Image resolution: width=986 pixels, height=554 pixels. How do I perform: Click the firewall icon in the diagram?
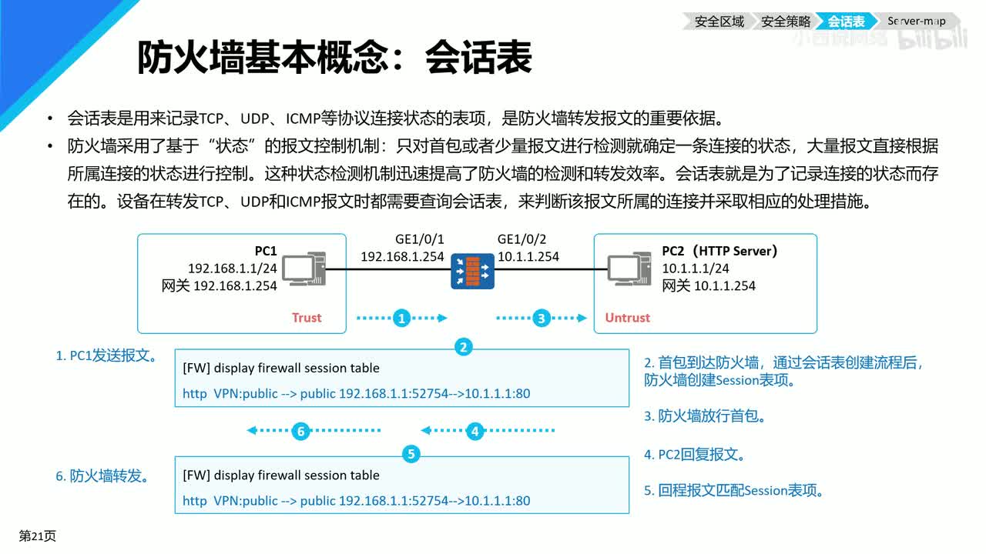tap(472, 272)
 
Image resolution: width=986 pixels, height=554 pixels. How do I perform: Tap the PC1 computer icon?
tap(303, 269)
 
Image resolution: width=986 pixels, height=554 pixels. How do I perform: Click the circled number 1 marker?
tap(401, 318)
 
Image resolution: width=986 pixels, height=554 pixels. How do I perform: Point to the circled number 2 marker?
tap(463, 347)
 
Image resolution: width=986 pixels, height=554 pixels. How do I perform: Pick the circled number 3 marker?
tap(542, 318)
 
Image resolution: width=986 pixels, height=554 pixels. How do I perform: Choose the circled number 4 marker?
tap(475, 432)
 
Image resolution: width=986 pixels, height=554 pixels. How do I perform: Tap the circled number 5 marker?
tap(411, 454)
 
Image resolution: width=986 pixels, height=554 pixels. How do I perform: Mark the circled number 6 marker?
tap(302, 432)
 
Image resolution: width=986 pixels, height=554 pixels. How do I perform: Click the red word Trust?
tap(307, 318)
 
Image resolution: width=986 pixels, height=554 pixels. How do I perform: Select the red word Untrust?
tap(627, 318)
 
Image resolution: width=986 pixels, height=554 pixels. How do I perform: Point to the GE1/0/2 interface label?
tap(522, 239)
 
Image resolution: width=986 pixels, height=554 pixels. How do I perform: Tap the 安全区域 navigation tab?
tap(719, 22)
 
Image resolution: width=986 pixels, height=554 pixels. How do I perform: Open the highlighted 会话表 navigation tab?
tap(846, 22)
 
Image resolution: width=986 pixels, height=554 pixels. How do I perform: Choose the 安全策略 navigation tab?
tap(786, 22)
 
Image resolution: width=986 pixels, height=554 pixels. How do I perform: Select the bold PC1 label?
tap(266, 251)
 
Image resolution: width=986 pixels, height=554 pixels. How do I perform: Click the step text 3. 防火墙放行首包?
tap(705, 416)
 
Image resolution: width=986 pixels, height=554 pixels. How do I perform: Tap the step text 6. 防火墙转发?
tap(102, 476)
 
